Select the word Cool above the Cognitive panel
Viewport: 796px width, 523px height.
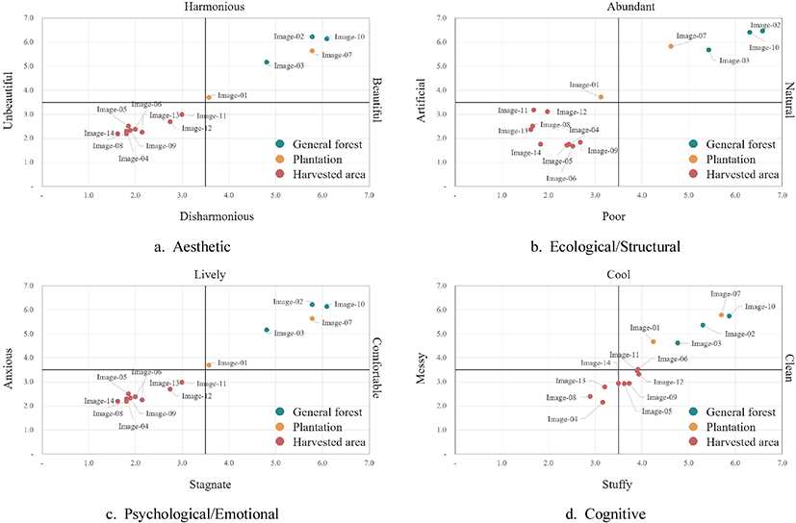click(x=617, y=274)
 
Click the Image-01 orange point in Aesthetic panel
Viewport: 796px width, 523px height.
click(x=209, y=97)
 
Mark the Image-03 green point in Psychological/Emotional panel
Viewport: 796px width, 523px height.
click(x=267, y=330)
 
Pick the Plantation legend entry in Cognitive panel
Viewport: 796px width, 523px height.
click(x=736, y=426)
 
